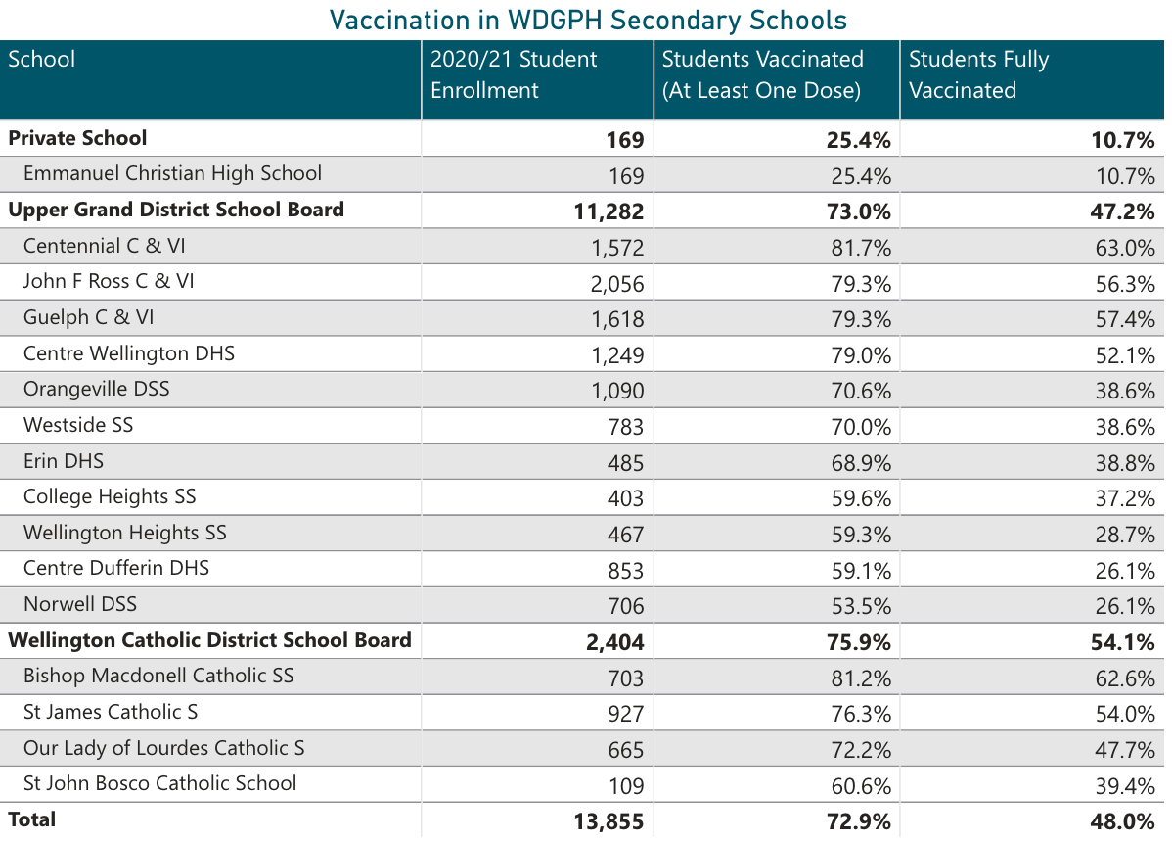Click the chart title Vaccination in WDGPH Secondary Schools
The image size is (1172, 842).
tap(587, 20)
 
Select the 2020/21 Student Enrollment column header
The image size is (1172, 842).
tap(513, 74)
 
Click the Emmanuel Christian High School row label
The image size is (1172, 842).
tap(172, 174)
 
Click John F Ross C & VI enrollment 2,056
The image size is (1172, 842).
tap(617, 284)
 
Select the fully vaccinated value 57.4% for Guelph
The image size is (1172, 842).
tap(1125, 320)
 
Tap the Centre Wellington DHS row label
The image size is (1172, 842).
tap(129, 353)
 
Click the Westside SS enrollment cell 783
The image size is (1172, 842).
tap(625, 427)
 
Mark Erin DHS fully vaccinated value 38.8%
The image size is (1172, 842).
tap(1125, 463)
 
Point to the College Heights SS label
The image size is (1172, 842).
tap(110, 496)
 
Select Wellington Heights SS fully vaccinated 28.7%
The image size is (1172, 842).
tap(1125, 535)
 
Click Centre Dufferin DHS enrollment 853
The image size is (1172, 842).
tap(625, 571)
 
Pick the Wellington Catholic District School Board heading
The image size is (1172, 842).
tap(209, 641)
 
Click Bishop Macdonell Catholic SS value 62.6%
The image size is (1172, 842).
tap(1125, 678)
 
